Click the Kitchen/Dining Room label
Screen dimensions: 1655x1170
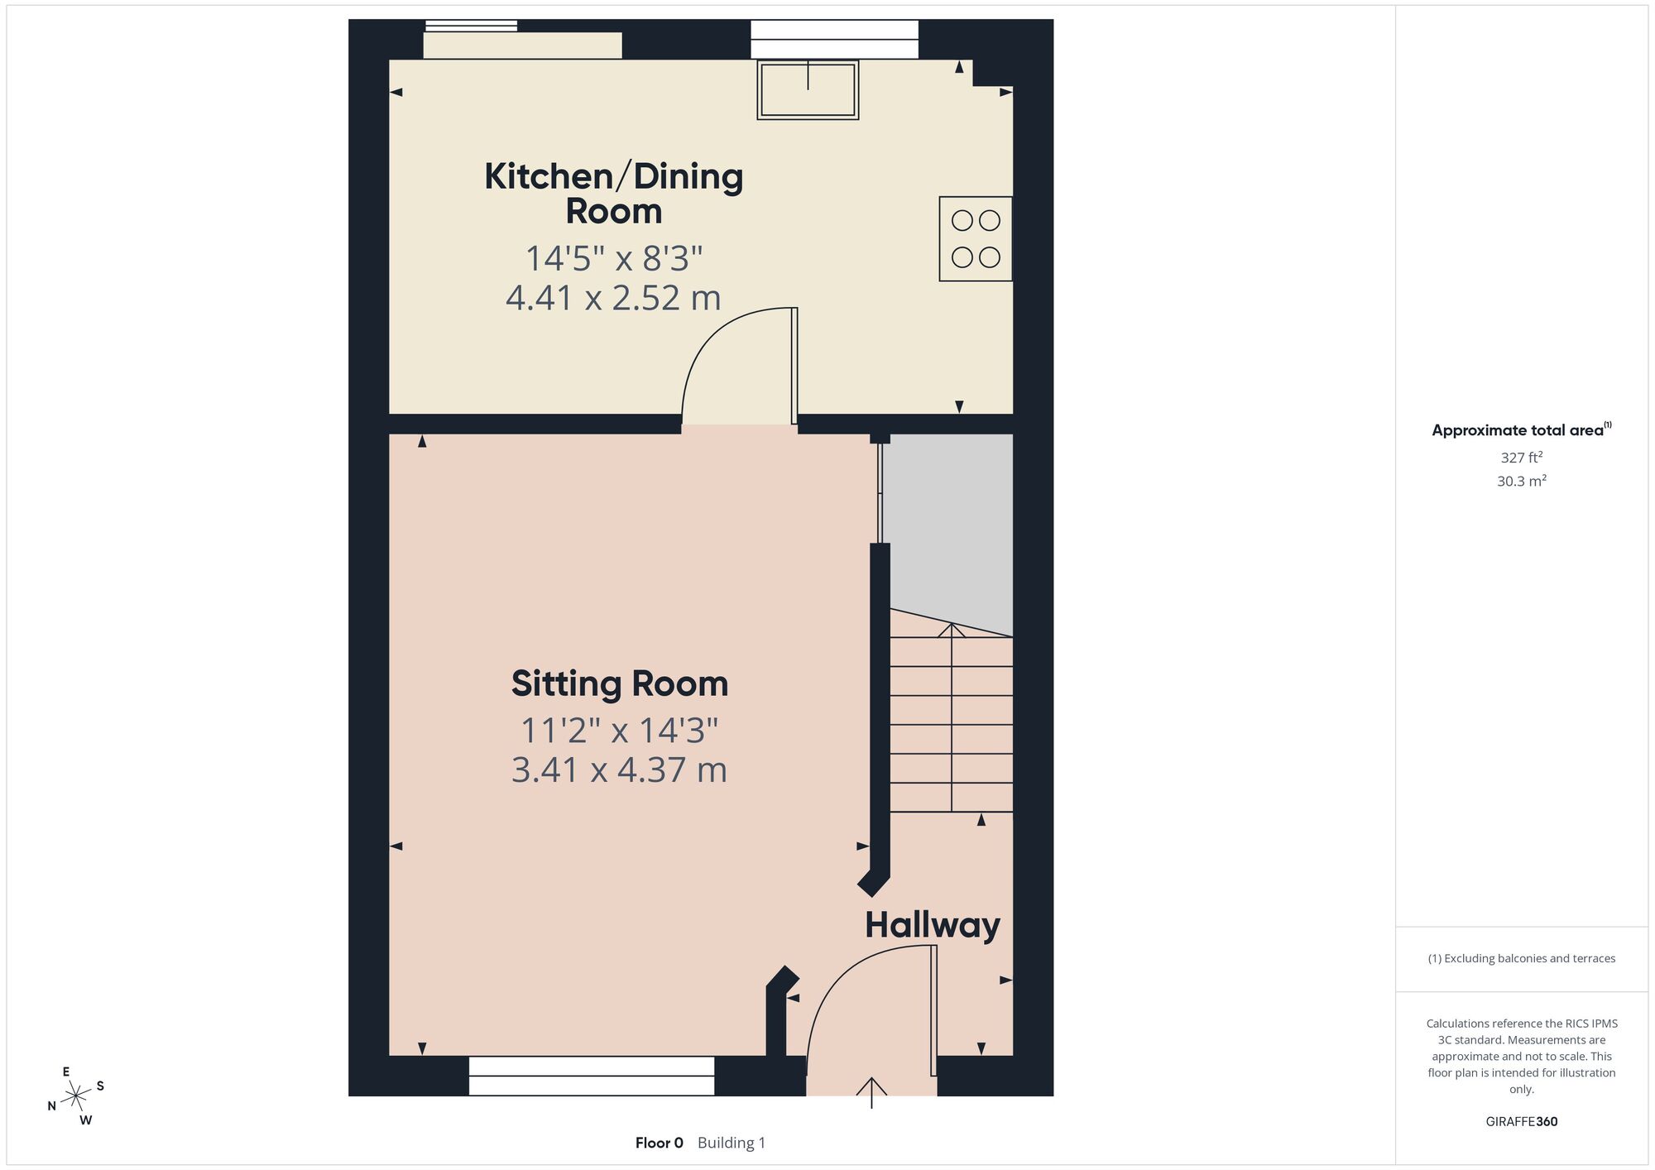[613, 193]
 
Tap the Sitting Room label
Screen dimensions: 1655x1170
[620, 683]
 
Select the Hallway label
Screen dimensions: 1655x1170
[933, 925]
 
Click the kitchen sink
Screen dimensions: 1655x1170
[808, 89]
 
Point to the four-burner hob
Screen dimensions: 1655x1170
[976, 238]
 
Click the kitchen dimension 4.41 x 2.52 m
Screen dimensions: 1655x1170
[613, 298]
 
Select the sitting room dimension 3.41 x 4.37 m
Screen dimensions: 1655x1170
[619, 770]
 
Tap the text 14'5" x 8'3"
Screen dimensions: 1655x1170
[613, 258]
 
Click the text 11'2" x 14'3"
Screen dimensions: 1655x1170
[619, 731]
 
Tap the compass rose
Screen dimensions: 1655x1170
[76, 1096]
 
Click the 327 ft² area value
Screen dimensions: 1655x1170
[1521, 457]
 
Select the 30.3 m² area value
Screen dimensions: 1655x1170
[1521, 481]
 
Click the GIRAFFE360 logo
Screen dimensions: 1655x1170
[1521, 1122]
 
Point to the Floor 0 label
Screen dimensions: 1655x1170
[659, 1143]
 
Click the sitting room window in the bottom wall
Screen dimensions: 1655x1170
[592, 1076]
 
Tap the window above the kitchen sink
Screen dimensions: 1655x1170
[834, 40]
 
